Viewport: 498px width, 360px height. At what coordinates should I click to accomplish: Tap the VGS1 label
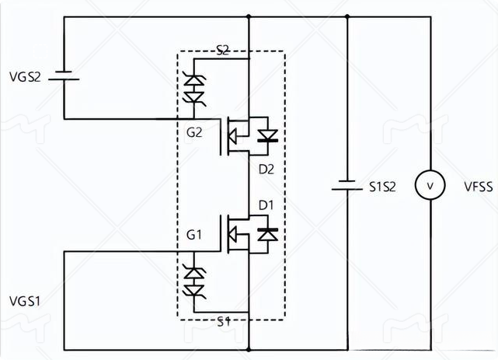point(26,299)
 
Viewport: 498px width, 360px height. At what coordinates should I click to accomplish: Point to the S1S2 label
point(381,187)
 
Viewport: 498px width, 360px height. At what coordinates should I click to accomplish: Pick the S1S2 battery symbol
point(347,187)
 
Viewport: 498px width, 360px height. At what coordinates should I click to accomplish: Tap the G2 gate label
point(194,131)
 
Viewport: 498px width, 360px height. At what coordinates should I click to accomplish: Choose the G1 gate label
point(194,232)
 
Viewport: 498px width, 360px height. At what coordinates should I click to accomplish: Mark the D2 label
point(266,167)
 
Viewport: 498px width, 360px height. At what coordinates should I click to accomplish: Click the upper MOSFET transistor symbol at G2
point(237,136)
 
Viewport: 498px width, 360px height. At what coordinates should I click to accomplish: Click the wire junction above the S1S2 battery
point(347,15)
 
